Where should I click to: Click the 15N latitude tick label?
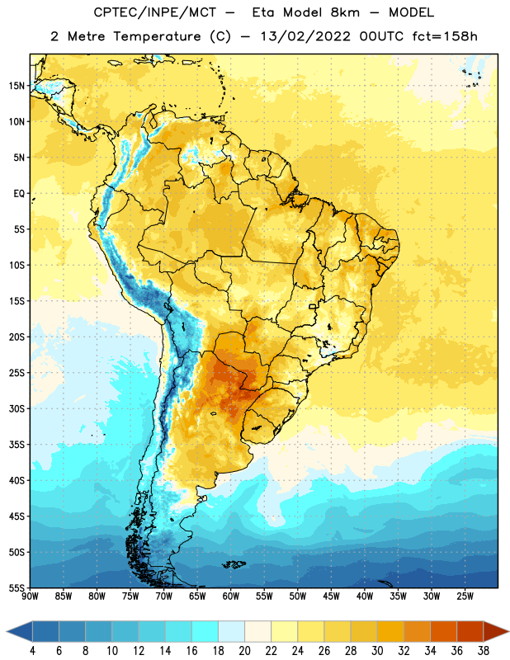[17, 86]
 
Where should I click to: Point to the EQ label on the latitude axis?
[19, 194]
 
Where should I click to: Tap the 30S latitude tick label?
[17, 408]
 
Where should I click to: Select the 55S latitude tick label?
[17, 588]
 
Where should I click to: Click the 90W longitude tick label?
[30, 596]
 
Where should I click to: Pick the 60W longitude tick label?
[231, 596]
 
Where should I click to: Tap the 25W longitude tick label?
[465, 596]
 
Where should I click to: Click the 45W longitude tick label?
[331, 596]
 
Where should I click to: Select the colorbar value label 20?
[244, 651]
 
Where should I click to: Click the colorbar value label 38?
[484, 651]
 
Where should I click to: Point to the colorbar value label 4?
[32, 651]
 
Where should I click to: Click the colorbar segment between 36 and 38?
[470, 631]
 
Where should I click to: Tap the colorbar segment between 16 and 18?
[205, 631]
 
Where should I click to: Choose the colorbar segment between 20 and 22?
[257, 631]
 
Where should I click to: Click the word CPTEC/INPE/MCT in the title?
[154, 12]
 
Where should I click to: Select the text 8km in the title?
[345, 12]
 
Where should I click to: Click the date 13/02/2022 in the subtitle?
[305, 36]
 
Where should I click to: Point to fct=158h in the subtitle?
[445, 36]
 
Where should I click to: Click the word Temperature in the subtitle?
[157, 36]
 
